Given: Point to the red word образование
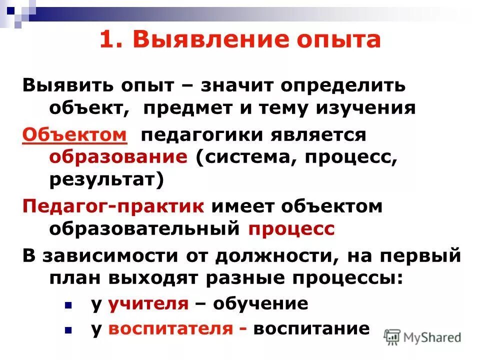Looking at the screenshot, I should tap(118, 157).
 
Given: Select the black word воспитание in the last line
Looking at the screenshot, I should tap(311, 328).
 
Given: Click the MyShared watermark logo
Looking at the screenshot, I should tap(423, 337).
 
